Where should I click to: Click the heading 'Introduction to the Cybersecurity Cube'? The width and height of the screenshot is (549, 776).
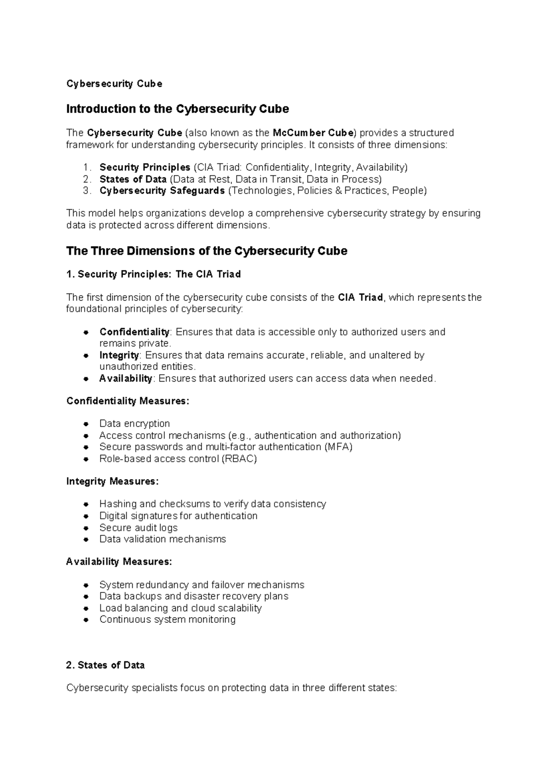tap(178, 109)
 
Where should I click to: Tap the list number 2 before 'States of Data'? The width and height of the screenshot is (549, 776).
tap(87, 179)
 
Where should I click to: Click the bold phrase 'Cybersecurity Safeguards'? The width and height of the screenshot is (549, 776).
tap(162, 191)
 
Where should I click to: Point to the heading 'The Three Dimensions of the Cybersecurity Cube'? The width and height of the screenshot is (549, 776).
tap(207, 251)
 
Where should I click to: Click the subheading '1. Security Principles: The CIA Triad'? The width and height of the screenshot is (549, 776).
tap(153, 275)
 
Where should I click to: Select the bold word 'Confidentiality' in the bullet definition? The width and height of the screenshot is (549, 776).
tap(134, 332)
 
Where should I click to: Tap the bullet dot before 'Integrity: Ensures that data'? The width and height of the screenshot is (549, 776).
tap(86, 356)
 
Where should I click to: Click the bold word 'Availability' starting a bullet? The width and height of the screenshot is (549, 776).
tap(125, 378)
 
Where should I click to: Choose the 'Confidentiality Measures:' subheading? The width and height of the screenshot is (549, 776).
tap(128, 401)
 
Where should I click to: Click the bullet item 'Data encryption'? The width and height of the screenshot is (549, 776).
tap(135, 424)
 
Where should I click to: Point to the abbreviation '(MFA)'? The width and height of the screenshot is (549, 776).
tap(338, 447)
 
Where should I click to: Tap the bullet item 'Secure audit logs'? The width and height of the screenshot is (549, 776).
tap(138, 528)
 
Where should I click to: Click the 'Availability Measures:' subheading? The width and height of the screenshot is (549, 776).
tap(119, 562)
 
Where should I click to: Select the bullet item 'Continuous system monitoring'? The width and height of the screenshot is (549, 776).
tap(167, 620)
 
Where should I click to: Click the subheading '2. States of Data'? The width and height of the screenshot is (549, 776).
tap(105, 665)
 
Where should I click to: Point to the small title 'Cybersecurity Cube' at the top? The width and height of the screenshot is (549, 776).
tap(114, 84)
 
